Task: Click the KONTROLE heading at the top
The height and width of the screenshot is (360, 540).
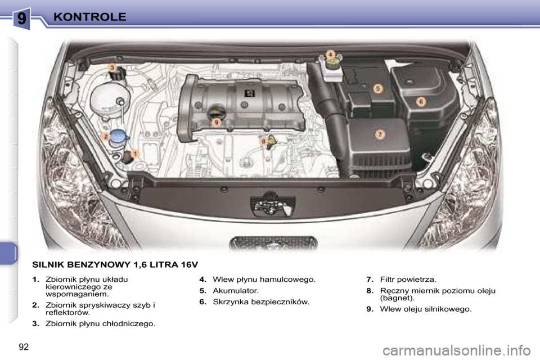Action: [x=90, y=16]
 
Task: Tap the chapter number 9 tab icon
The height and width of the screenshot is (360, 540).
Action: [x=21, y=19]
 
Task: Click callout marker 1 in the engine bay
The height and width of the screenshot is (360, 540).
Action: [x=136, y=152]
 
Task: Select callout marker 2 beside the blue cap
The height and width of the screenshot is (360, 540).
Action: [x=105, y=136]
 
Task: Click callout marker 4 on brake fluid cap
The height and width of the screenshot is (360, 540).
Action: [x=331, y=54]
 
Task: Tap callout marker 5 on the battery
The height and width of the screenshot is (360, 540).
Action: [x=378, y=88]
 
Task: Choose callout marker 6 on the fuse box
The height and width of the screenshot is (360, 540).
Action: [x=421, y=102]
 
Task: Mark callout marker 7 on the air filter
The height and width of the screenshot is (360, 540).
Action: [x=380, y=134]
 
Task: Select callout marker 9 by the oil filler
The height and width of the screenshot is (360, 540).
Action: [x=215, y=122]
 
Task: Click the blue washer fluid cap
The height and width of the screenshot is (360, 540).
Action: [x=119, y=136]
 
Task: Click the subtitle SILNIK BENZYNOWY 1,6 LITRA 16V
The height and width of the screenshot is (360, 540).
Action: [x=115, y=264]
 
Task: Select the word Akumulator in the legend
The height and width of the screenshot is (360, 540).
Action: [x=236, y=291]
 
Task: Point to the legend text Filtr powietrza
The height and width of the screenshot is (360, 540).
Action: [x=408, y=279]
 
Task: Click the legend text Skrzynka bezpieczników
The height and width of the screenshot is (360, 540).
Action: [x=261, y=302]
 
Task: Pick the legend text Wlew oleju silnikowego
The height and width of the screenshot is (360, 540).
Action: [x=426, y=309]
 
